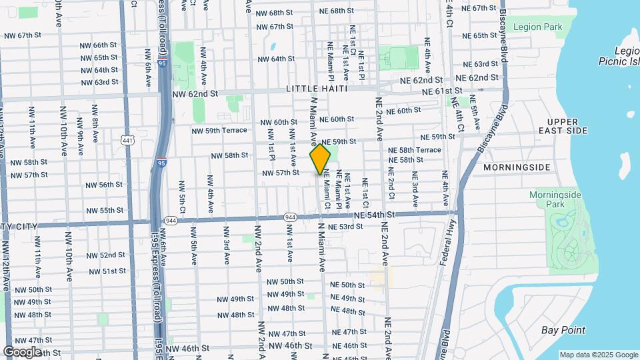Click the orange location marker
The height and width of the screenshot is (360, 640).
point(320,159)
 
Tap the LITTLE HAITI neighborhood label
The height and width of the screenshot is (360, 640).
point(317,89)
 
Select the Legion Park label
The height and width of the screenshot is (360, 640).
point(539,27)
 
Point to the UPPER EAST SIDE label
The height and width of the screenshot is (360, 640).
point(567,126)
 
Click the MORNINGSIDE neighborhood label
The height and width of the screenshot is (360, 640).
point(517,167)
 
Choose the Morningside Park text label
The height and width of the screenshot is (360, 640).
point(555,199)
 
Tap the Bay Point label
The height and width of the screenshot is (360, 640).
point(563,330)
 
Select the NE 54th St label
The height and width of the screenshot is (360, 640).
point(375,215)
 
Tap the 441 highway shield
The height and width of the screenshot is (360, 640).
point(129,139)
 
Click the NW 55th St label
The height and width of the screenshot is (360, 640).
point(102,210)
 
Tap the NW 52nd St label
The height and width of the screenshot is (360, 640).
point(104,255)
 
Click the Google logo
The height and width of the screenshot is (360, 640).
point(21,351)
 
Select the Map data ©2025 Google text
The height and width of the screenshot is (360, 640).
point(598,355)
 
